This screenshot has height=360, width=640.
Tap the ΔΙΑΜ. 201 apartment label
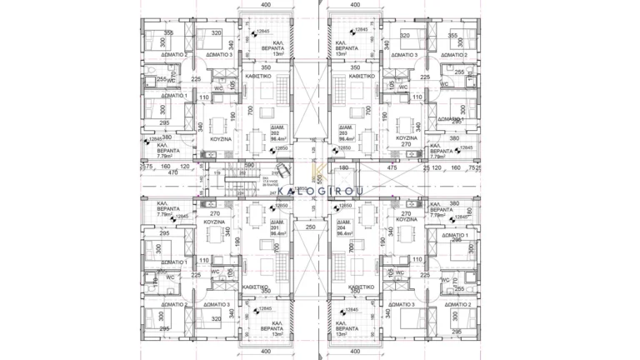tap(276, 229)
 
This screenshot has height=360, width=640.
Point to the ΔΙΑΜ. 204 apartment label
tap(342, 229)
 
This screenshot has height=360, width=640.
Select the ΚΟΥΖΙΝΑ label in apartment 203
tap(406, 137)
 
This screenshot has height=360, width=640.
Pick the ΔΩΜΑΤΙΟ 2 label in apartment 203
tap(457, 56)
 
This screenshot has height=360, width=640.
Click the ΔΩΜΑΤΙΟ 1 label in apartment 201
tap(173, 262)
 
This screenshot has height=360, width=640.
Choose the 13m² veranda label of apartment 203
tap(342, 54)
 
